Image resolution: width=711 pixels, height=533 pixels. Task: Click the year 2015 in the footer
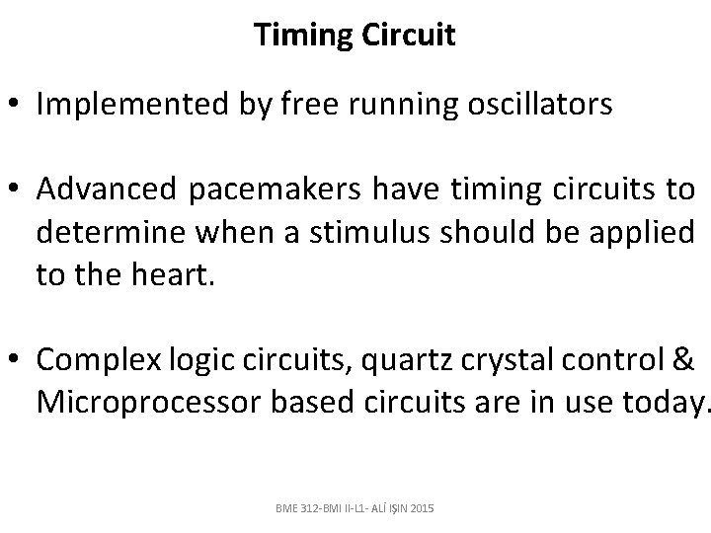419,507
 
